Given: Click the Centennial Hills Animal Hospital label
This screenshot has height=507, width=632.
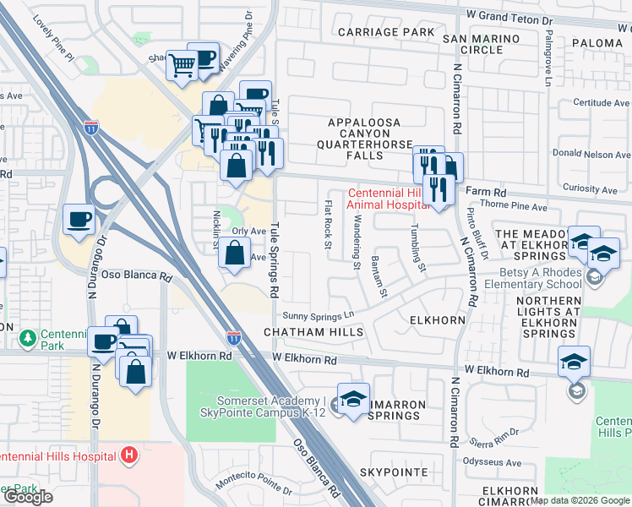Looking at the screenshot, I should [x=384, y=198].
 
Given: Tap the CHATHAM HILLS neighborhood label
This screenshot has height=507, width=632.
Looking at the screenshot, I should [x=313, y=332].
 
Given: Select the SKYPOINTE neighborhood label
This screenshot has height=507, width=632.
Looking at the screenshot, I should [x=393, y=472].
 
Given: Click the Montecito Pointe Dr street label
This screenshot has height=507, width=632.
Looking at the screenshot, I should [x=253, y=484].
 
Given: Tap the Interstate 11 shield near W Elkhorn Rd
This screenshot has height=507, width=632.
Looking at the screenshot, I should [x=234, y=338].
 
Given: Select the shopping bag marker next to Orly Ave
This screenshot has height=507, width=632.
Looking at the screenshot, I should [x=236, y=253].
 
